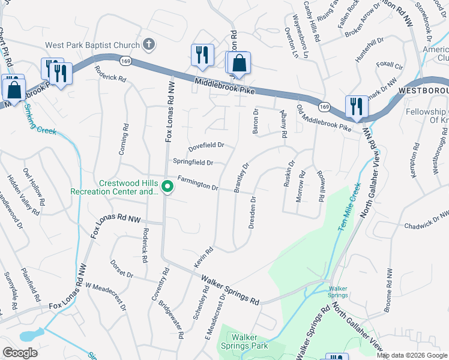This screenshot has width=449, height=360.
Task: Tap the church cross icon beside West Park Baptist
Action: coord(149,44)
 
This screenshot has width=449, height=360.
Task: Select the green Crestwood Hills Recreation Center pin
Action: coord(168,188)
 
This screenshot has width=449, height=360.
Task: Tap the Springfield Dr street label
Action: coord(193,162)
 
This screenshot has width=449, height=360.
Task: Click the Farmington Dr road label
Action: coord(197,183)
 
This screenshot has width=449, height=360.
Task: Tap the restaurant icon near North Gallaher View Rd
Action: coord(357,106)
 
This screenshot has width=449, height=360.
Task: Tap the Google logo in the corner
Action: coord(20,353)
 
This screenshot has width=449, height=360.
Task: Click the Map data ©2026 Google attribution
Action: coord(412,355)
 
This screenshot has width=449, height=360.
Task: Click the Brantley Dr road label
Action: coord(241,178)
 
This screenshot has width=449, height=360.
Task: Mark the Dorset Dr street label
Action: coord(122,268)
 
